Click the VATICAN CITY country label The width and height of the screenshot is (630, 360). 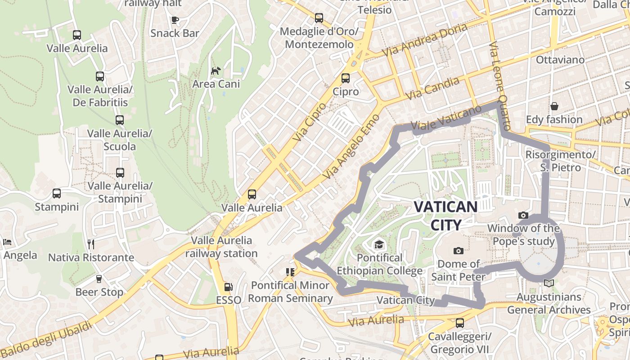pos(445,216)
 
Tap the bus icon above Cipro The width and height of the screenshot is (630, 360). pos(346,78)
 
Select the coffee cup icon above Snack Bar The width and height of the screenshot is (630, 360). pos(175,20)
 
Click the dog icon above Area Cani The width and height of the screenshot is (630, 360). pos(216,71)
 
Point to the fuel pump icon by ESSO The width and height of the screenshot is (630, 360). pos(228,287)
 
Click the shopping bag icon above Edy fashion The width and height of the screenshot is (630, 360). pos(554,106)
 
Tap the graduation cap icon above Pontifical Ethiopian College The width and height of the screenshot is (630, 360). pos(379,244)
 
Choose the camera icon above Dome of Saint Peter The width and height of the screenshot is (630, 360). pos(459,251)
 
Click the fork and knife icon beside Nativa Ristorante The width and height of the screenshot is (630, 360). pos(91,244)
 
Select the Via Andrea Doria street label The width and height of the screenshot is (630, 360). pos(424,40)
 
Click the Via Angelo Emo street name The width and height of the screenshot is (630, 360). pos(352,146)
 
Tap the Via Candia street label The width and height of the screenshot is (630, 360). pos(432,88)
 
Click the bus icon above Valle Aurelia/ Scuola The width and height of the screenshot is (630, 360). pos(119,120)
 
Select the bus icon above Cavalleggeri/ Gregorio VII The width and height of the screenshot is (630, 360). pos(459,323)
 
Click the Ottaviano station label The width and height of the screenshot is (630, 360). pos(560,60)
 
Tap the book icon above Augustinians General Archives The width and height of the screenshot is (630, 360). pos(549,283)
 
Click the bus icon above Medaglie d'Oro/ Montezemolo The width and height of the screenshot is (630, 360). pos(319,18)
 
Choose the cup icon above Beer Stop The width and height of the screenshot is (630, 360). pos(99,279)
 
